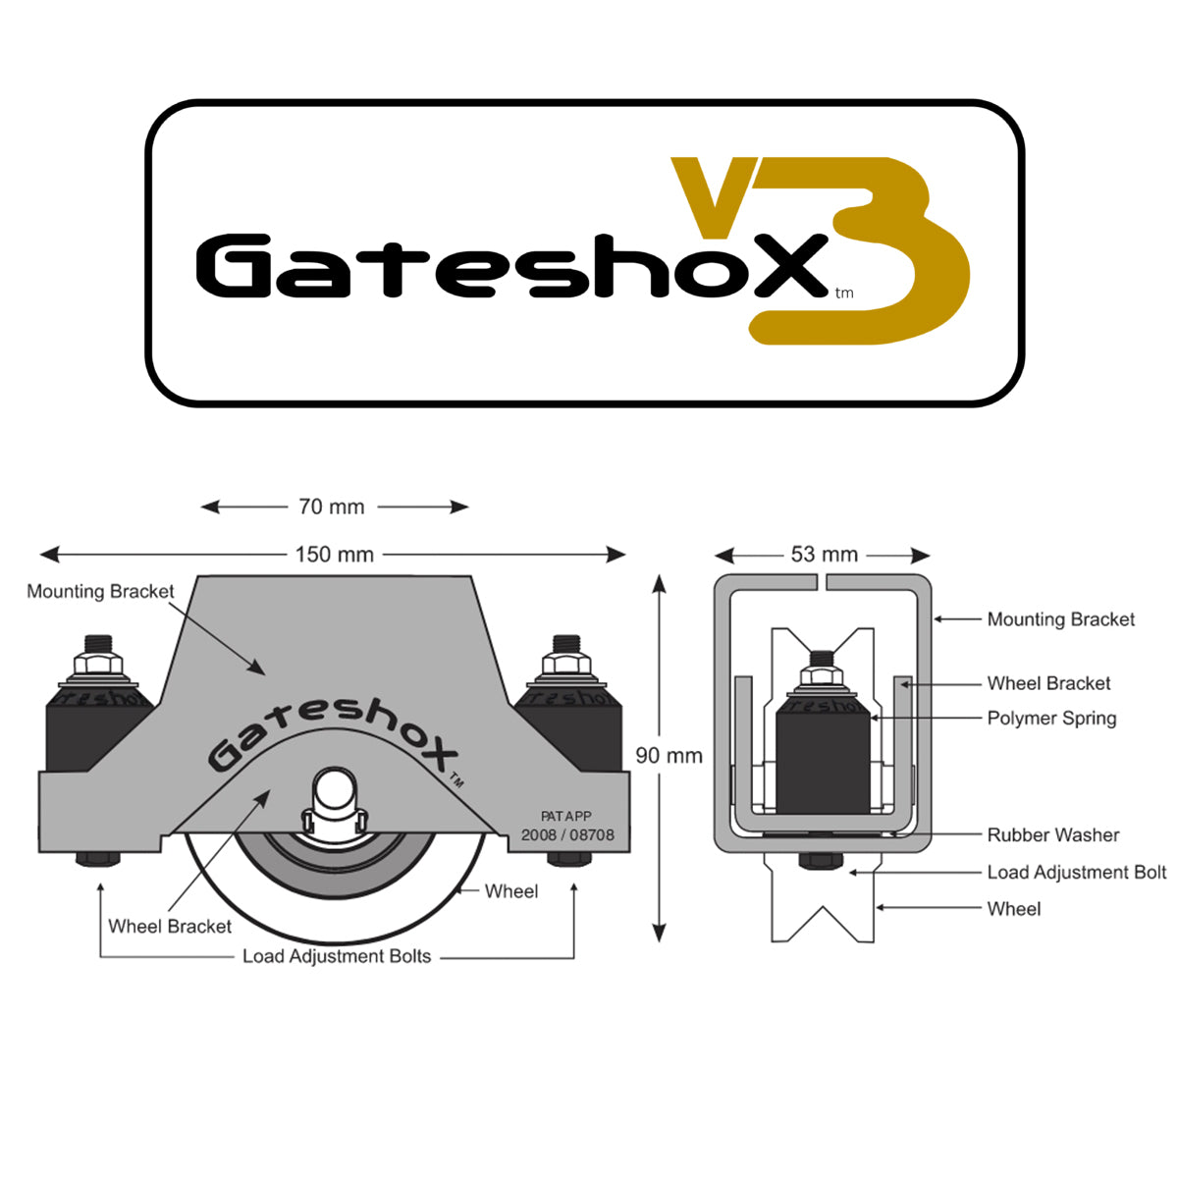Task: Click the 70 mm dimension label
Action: pyautogui.click(x=331, y=507)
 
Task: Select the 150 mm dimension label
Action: pyautogui.click(x=334, y=555)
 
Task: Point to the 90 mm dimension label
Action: pyautogui.click(x=669, y=756)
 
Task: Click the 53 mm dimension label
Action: pyautogui.click(x=824, y=555)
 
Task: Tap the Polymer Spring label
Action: pyautogui.click(x=1051, y=719)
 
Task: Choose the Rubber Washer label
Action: pyautogui.click(x=1052, y=835)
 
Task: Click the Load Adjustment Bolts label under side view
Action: pyautogui.click(x=336, y=957)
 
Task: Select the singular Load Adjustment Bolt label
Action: pyautogui.click(x=1076, y=873)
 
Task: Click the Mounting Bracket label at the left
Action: pyautogui.click(x=100, y=592)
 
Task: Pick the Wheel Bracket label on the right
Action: pyautogui.click(x=1048, y=683)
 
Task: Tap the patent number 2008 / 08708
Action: pyautogui.click(x=567, y=835)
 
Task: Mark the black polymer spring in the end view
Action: pyautogui.click(x=822, y=754)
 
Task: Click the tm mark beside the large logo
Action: pyautogui.click(x=843, y=293)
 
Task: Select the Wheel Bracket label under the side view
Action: pyautogui.click(x=169, y=927)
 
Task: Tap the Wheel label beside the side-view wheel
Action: pyautogui.click(x=510, y=891)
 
